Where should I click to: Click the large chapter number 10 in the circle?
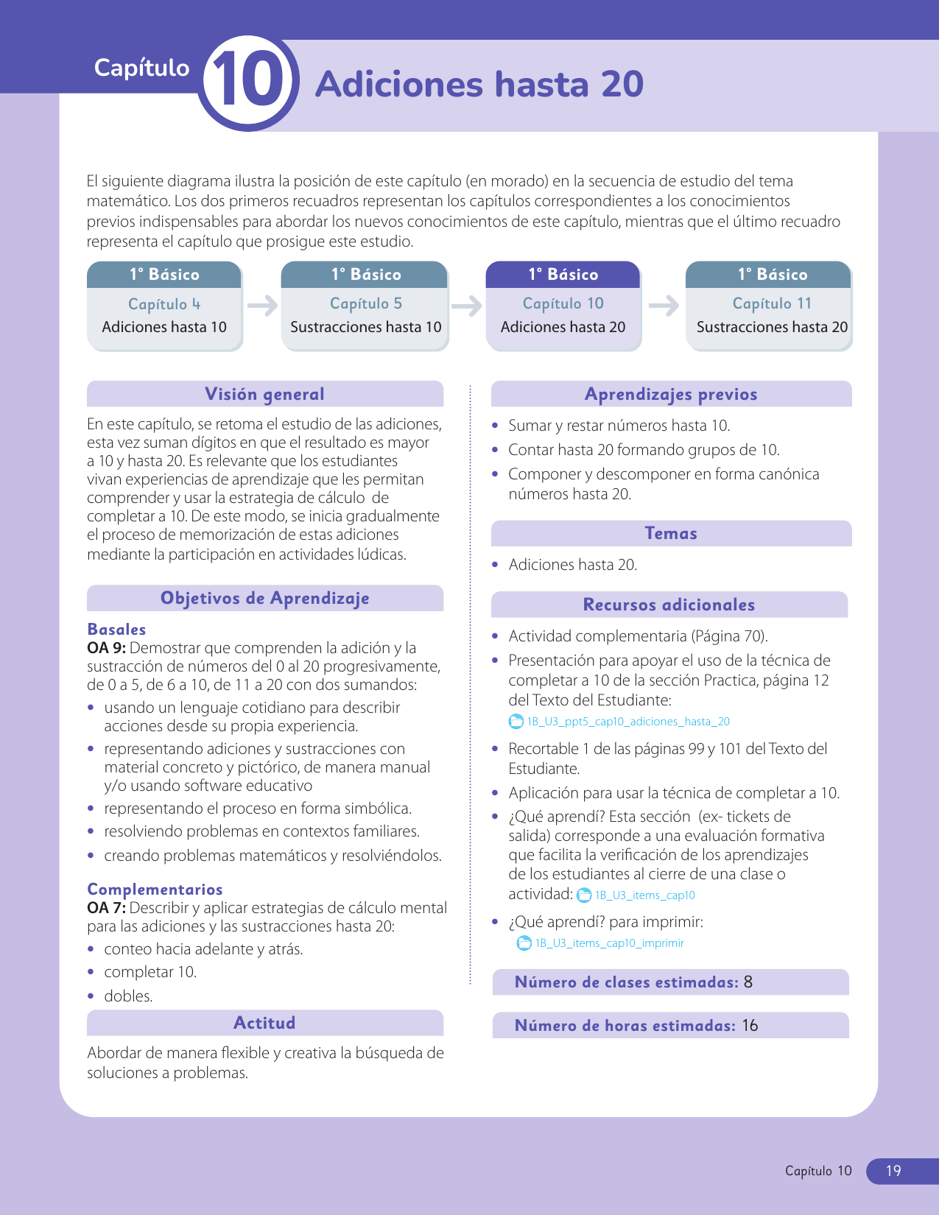[248, 83]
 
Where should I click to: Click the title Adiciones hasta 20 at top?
[479, 84]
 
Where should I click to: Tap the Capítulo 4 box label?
[163, 304]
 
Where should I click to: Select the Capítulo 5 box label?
[365, 303]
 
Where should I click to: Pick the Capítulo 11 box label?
[771, 303]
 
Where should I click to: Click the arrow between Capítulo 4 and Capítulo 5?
[262, 305]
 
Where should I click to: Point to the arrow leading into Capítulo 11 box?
[664, 305]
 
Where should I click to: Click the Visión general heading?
[264, 395]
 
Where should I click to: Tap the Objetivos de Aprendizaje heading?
[264, 599]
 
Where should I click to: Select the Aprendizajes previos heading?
[671, 395]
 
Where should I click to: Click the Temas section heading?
[671, 534]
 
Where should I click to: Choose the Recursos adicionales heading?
[669, 605]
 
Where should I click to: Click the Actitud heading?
[264, 1024]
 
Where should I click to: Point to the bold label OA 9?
[106, 648]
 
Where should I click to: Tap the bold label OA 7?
[106, 908]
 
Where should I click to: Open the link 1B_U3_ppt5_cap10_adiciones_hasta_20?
[627, 722]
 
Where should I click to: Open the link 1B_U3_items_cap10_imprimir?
[609, 943]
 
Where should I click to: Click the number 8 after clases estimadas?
[748, 982]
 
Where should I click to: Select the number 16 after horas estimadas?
[750, 1026]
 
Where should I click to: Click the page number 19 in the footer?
[893, 1171]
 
